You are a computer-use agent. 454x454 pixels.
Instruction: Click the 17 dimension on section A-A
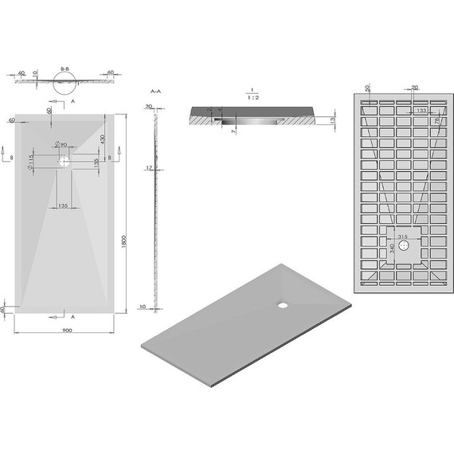148,168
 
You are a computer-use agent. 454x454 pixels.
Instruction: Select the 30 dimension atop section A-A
148,107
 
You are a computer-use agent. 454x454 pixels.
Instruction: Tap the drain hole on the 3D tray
284,303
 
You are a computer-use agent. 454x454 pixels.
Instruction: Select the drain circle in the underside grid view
405,247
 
